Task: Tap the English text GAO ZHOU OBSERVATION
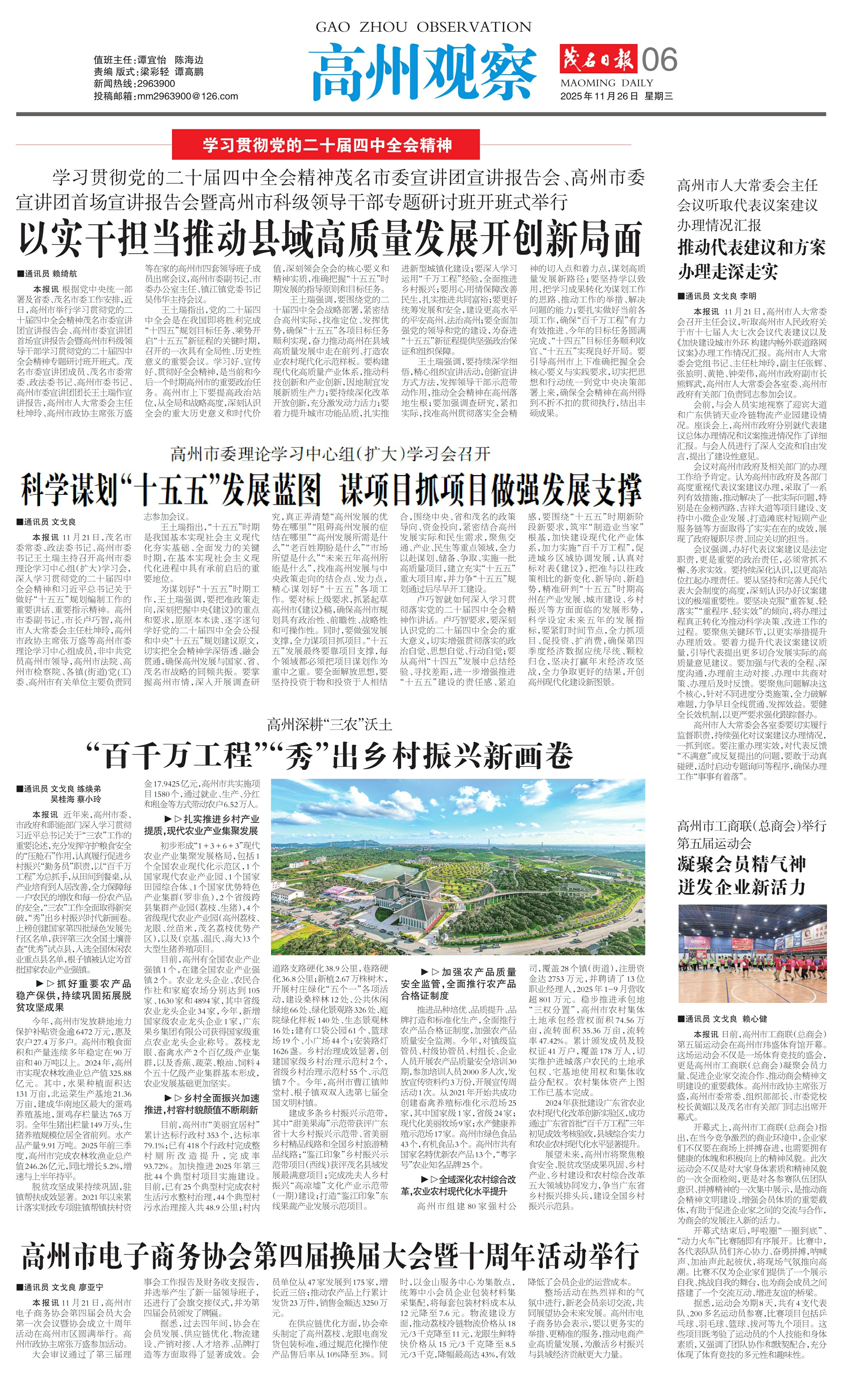(423, 27)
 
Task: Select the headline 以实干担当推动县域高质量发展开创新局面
(329, 239)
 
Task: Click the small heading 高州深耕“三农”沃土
(329, 725)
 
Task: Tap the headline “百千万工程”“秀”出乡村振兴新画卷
(329, 756)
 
